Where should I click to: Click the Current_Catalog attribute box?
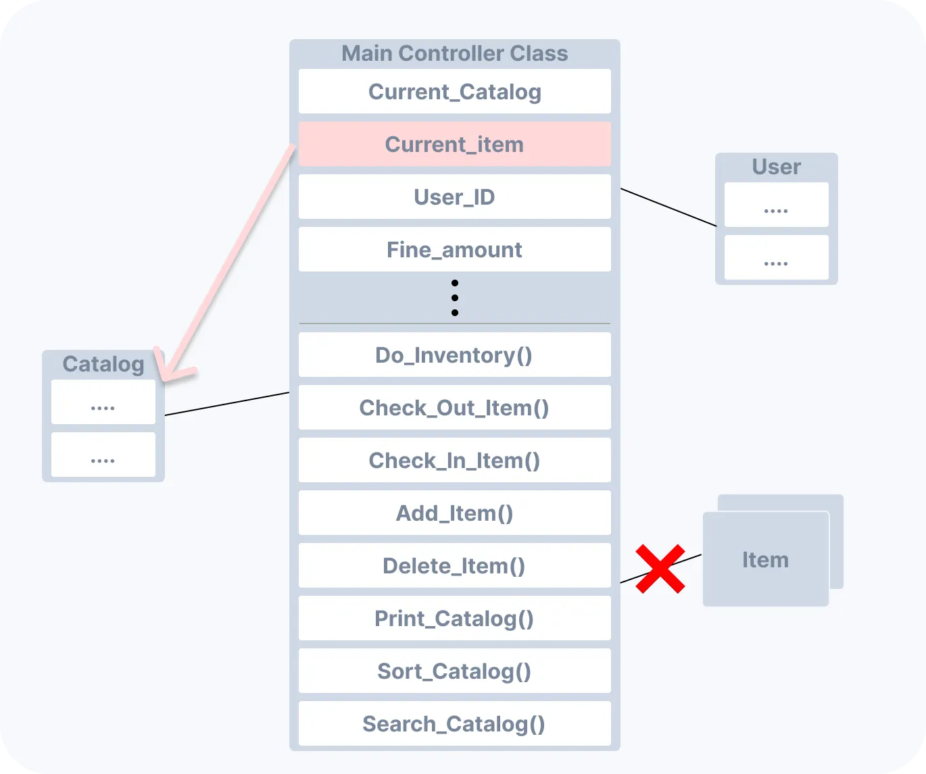[454, 91]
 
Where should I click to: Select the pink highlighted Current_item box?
[454, 144]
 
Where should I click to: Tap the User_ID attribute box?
[454, 197]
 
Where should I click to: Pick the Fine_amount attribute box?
[454, 249]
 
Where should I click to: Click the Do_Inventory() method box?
[454, 355]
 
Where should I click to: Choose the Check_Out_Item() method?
[454, 407]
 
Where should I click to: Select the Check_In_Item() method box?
[454, 460]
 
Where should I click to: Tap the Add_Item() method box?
[454, 513]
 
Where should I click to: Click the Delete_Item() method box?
[454, 565]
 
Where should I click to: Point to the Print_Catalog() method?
[454, 618]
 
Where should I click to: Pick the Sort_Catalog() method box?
[454, 671]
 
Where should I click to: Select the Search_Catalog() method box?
[454, 723]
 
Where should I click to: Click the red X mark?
[660, 569]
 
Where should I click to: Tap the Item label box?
[765, 559]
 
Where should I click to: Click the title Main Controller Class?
[454, 53]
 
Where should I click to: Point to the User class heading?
[776, 167]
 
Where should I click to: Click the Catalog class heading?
[103, 364]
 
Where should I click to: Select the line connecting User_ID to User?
[668, 207]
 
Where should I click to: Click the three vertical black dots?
[455, 298]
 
